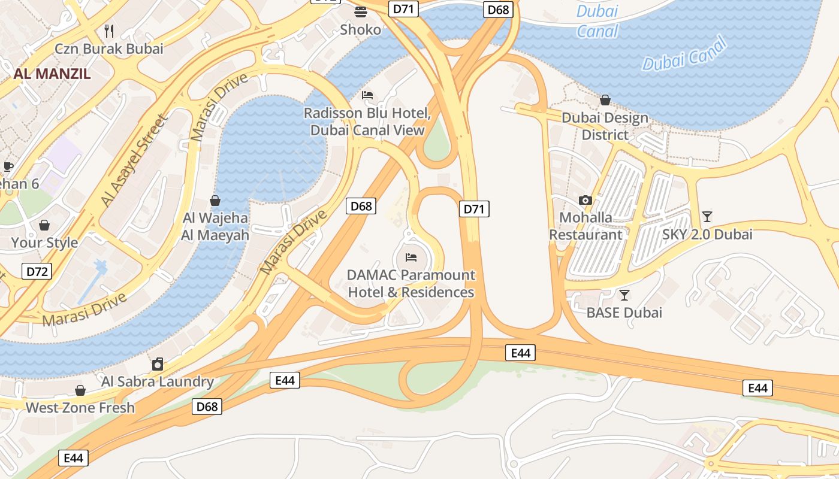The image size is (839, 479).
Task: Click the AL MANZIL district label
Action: point(52,74)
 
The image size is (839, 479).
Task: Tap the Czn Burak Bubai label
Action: point(108,48)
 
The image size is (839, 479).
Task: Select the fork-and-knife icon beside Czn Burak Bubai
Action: point(109,30)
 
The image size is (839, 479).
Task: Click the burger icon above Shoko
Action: point(361,11)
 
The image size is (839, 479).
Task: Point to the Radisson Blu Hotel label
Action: point(367,122)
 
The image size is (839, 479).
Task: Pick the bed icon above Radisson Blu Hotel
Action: point(367,95)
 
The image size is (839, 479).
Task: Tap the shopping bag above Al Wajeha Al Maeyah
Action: point(215,201)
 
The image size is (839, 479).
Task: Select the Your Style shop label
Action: point(44,242)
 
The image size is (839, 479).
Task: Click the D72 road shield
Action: point(37,272)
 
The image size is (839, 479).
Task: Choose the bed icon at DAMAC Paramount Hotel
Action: point(411,257)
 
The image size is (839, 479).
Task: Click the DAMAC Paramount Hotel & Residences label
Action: point(411,284)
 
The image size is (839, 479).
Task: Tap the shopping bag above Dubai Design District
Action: point(605,100)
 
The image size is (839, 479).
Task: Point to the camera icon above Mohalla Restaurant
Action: point(586,200)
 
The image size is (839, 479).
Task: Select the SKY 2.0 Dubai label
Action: point(707,234)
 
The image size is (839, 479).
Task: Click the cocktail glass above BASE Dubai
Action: point(624,295)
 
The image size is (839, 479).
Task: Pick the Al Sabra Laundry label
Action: point(158,381)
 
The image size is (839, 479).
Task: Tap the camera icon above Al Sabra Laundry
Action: point(158,364)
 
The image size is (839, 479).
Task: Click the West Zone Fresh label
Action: point(80,408)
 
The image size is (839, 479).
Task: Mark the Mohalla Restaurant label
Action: point(586,226)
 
